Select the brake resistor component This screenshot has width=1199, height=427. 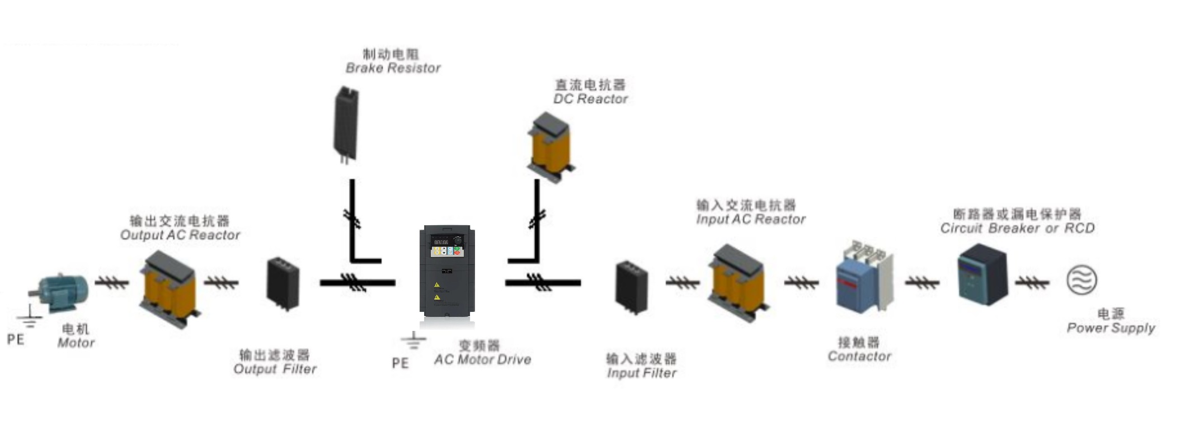pos(346,125)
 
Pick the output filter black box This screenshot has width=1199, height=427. pos(283,283)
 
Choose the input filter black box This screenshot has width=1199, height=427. pos(632,286)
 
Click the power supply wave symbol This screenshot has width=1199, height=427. pos(1081,280)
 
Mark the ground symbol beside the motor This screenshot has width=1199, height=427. pos(29,318)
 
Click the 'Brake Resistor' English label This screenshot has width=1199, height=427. pos(393,68)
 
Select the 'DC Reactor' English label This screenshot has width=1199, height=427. pos(590,99)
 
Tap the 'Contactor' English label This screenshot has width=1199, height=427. pos(859,356)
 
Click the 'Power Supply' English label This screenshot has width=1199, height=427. pos(1111,328)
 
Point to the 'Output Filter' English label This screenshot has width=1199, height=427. pos(275,369)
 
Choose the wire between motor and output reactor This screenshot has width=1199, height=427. pos(111,283)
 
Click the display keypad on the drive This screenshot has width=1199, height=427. pos(447,246)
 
